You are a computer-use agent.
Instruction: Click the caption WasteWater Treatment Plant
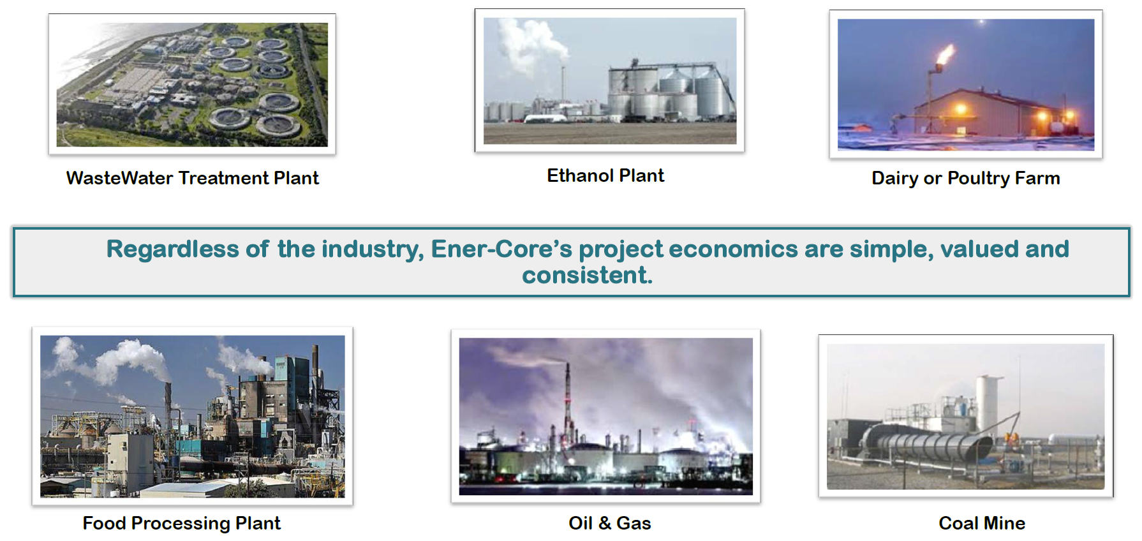[192, 178]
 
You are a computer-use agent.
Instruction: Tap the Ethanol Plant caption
[605, 175]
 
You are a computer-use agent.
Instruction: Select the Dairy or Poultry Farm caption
[966, 179]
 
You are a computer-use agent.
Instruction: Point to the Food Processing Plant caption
[182, 524]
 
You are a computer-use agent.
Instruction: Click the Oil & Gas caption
[610, 523]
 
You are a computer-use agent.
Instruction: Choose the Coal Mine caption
[982, 523]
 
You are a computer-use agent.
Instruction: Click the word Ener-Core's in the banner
[501, 249]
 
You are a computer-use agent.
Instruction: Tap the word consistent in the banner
[587, 275]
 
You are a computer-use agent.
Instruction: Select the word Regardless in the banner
[172, 249]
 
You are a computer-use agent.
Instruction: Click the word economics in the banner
[733, 249]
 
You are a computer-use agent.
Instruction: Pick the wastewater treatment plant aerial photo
[192, 85]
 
